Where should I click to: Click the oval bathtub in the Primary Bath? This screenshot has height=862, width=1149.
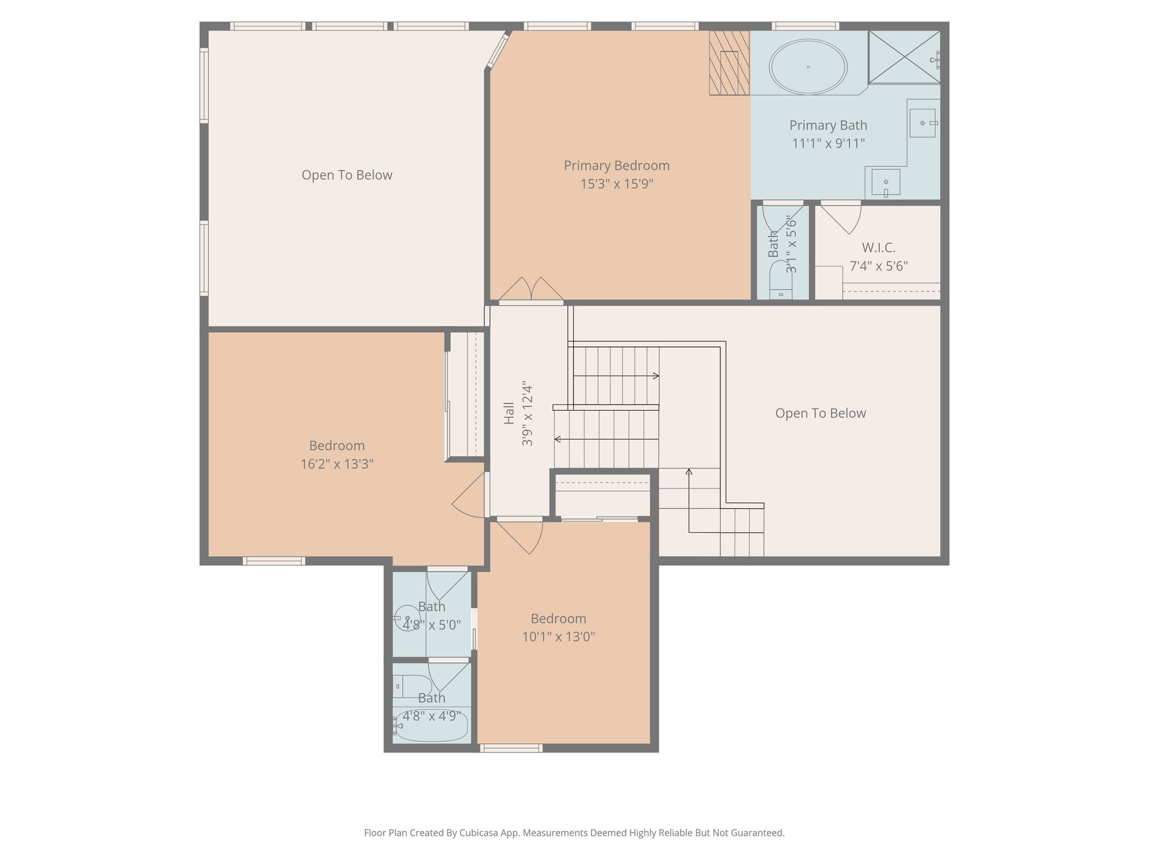[x=808, y=66]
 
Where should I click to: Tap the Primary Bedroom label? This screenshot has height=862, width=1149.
[x=616, y=165]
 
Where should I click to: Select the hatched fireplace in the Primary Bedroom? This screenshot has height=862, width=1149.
[x=729, y=63]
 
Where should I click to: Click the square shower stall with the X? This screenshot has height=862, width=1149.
[x=904, y=57]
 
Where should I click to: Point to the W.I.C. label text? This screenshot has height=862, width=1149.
[x=879, y=247]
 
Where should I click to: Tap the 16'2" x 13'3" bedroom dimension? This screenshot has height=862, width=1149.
[x=337, y=464]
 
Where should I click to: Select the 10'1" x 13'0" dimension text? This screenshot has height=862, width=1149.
[x=558, y=636]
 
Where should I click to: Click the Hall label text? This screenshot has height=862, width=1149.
[x=509, y=413]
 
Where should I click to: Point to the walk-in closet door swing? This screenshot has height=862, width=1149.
[x=841, y=218]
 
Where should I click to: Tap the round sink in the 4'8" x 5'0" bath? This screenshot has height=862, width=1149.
[x=408, y=618]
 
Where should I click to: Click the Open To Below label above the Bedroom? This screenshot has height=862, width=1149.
[x=347, y=175]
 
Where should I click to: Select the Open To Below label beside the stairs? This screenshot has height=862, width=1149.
[x=820, y=413]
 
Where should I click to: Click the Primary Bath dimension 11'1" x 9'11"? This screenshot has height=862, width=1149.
[x=828, y=143]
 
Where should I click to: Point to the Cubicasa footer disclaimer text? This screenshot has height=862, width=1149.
[x=574, y=833]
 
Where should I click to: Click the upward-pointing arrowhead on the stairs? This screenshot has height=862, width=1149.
[x=689, y=472]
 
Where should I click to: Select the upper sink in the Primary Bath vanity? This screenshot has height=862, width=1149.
[x=922, y=123]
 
